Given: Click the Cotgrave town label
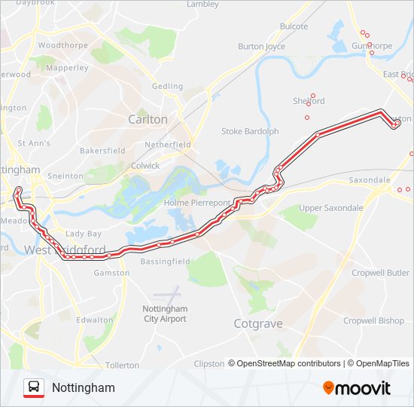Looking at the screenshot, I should click(258, 323).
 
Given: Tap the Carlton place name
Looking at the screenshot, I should click(148, 119).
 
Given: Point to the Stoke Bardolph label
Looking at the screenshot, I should click(250, 131).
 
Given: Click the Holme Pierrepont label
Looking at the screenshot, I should click(196, 202).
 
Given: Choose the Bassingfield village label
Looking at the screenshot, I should click(164, 261).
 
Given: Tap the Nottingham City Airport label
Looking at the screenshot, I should click(165, 314).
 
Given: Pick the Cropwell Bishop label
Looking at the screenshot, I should click(373, 320).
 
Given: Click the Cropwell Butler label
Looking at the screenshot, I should click(380, 272).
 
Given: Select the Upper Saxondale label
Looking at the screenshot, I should click(330, 208).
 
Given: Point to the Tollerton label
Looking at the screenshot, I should click(122, 365).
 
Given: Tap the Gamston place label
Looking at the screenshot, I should click(106, 273).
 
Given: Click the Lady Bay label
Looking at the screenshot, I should click(84, 234).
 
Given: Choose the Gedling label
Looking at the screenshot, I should click(167, 87).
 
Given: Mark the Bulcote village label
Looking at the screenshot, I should click(294, 26).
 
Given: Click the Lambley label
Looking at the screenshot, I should click(202, 5).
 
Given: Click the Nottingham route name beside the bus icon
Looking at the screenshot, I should click(84, 387).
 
